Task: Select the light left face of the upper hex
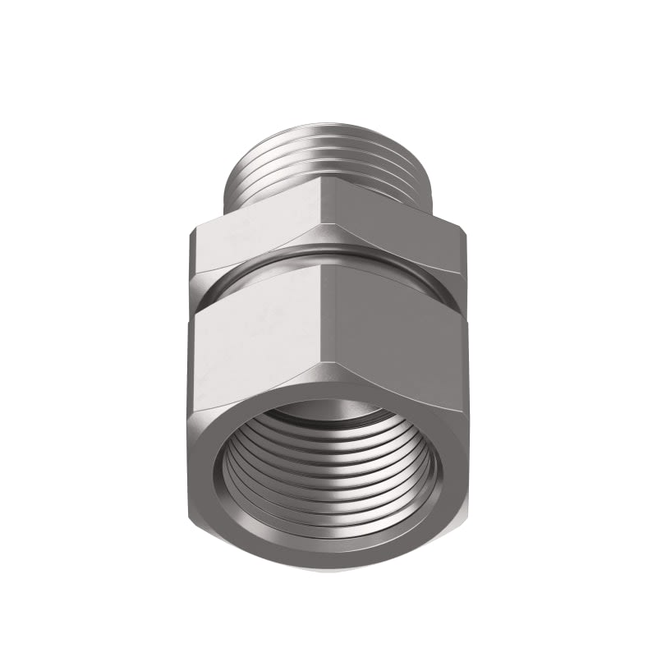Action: tap(263, 238)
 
